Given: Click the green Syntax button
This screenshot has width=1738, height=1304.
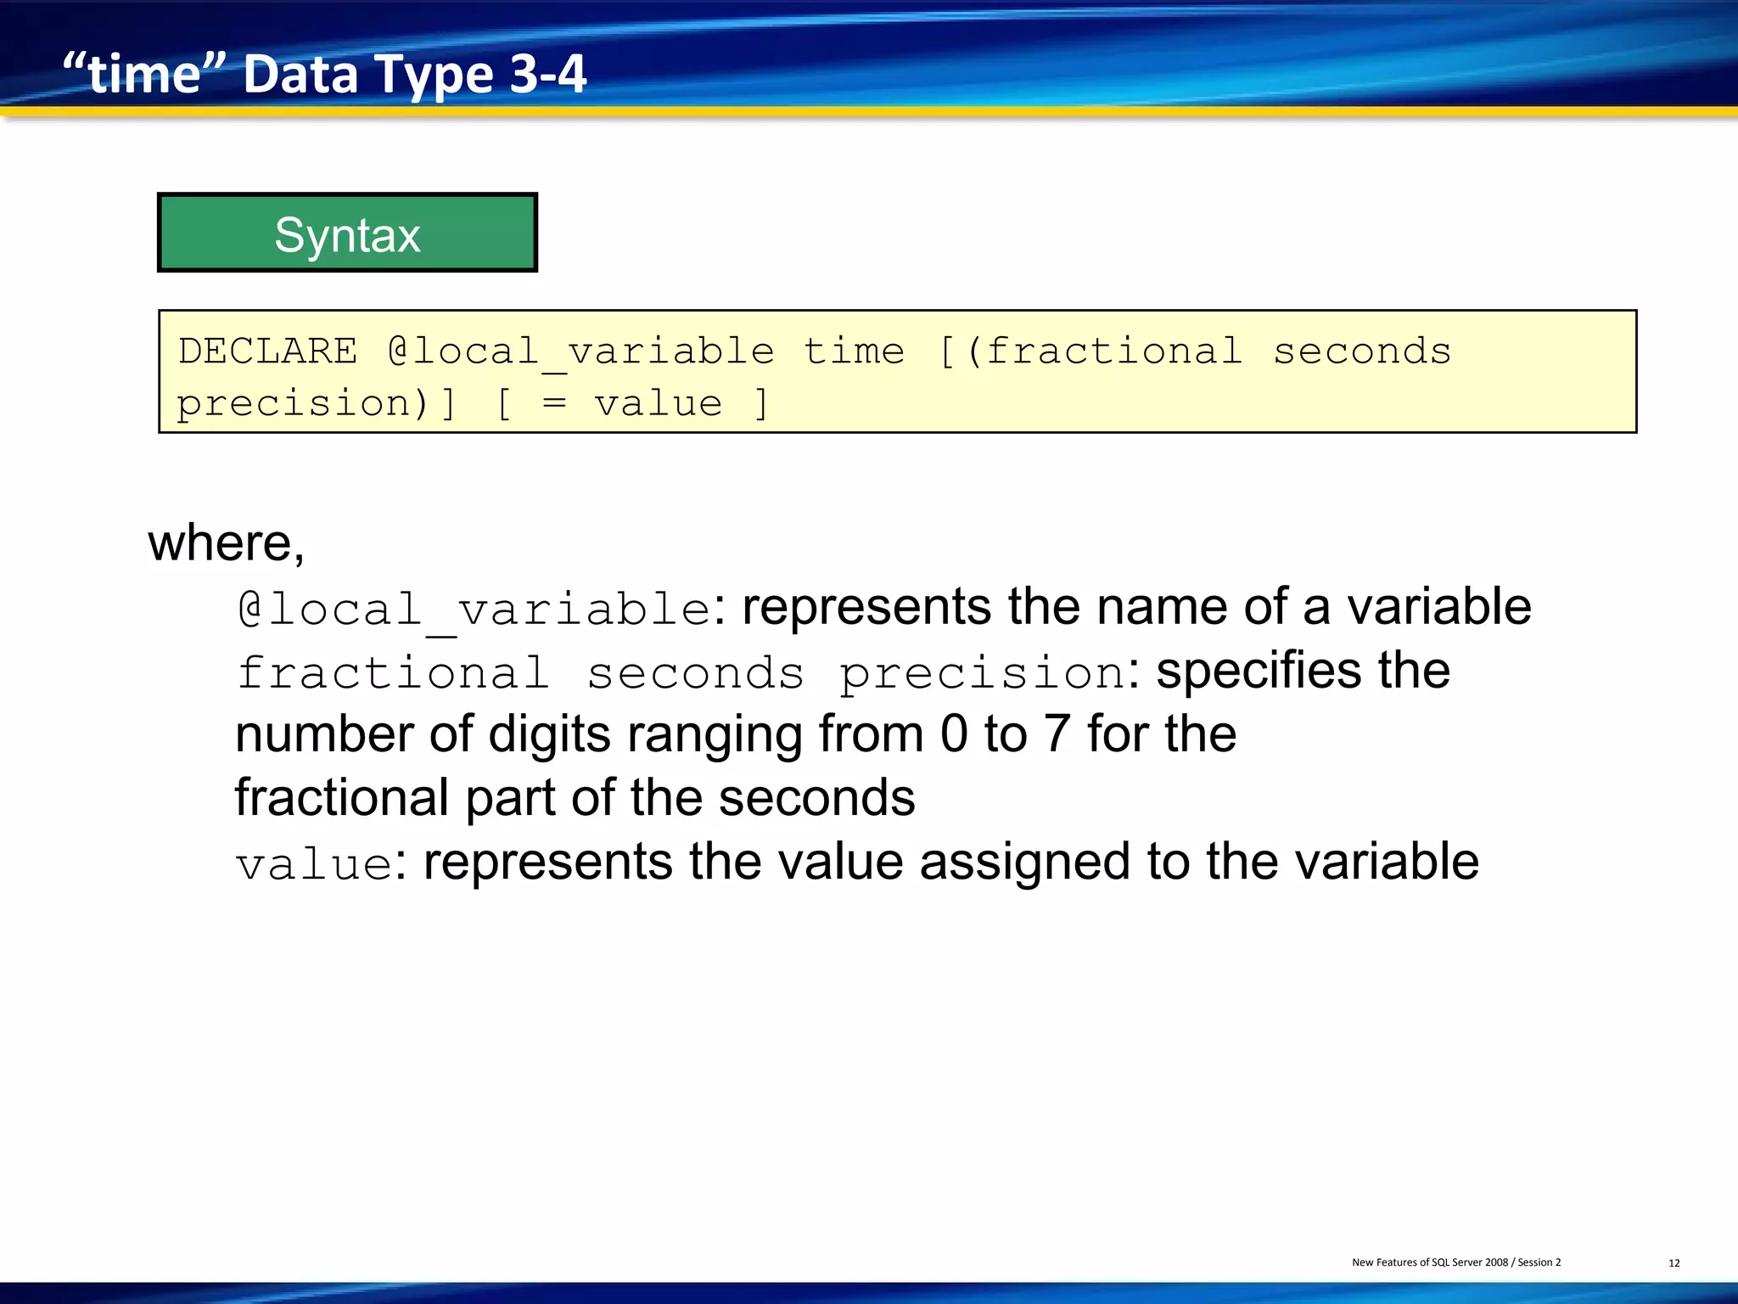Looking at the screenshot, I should pos(347,233).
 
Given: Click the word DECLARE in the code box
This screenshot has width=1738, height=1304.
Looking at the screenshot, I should pos(268,351).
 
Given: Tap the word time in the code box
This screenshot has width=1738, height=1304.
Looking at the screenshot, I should pos(854,351).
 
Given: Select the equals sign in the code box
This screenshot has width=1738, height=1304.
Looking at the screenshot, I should pos(554,403).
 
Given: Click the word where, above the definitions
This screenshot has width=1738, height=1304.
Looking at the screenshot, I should pos(226,543).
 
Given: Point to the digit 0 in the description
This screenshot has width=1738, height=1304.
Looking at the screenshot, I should pos(954,734).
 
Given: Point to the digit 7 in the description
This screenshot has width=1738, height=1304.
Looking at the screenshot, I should pos(1057,734).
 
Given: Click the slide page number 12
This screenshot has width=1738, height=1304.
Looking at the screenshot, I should pos(1674,1263).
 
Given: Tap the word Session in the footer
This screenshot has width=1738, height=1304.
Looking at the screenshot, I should pos(1534,1262).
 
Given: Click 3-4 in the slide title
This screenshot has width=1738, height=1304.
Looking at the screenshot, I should pos(548,75).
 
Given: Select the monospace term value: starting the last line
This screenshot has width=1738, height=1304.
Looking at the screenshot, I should pos(315,865).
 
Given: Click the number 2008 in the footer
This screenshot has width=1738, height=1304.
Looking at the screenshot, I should pos(1496,1262).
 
